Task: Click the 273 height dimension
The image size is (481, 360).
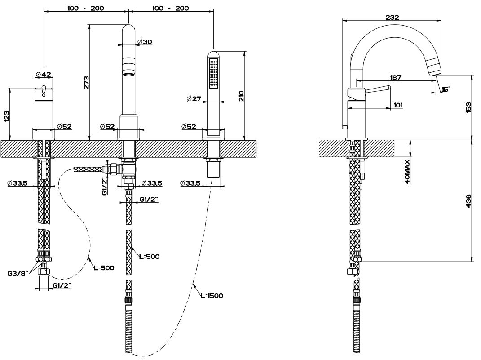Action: click(87, 82)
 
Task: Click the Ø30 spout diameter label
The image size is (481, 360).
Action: click(145, 42)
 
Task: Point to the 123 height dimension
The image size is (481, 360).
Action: click(7, 116)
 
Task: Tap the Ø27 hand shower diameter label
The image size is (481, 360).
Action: click(194, 99)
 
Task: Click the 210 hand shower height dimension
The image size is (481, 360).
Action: click(241, 95)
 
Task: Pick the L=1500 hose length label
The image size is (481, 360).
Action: click(212, 296)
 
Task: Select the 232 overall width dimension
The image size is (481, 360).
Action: click(392, 17)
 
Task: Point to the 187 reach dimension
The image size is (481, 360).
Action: click(396, 78)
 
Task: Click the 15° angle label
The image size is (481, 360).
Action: click(446, 89)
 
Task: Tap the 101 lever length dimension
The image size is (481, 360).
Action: click(397, 105)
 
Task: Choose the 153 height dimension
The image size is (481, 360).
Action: click(468, 107)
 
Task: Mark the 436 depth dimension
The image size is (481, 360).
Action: click(468, 201)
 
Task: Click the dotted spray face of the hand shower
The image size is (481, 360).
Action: click(214, 72)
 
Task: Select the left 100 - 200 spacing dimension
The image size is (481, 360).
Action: click(85, 8)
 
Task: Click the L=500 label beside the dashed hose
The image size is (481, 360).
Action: click(104, 268)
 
